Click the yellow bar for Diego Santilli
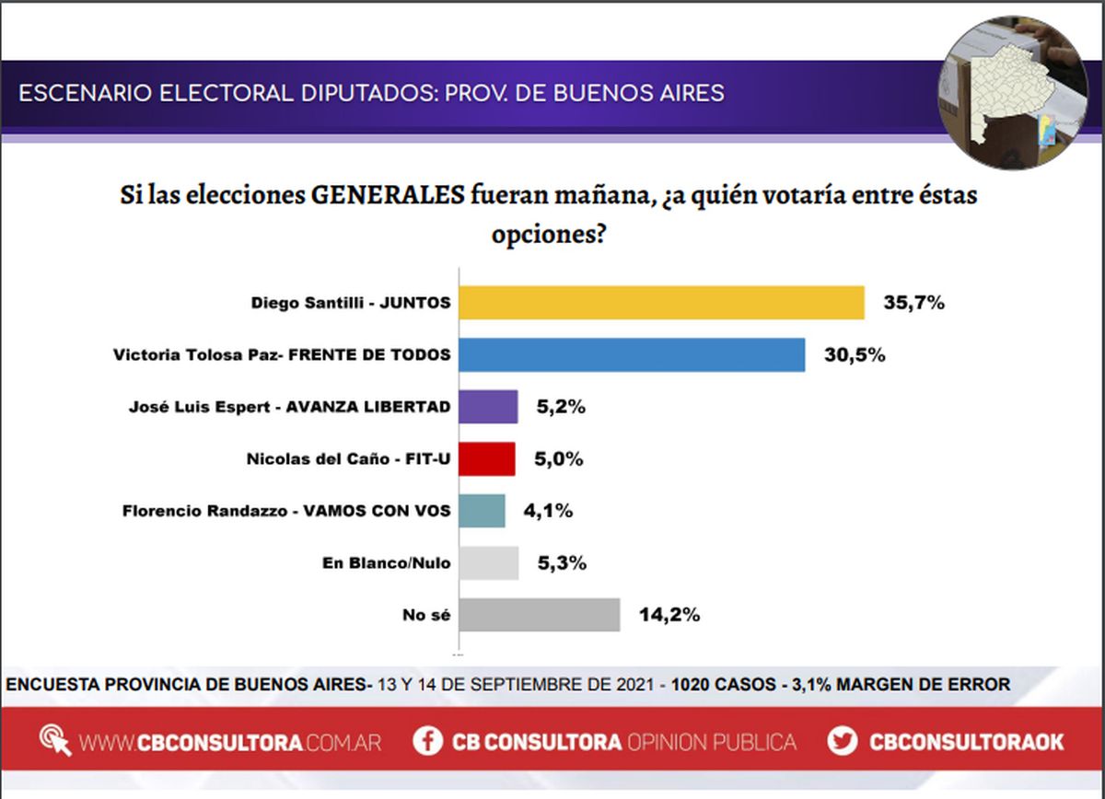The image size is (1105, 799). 661,303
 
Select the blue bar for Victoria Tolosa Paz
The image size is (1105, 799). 632,354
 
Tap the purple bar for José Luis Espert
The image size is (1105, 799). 488,407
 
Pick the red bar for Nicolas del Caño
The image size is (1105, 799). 487,458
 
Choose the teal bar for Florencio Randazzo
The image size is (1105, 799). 482,511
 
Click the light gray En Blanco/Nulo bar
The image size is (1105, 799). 488,562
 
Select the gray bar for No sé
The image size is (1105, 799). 539,615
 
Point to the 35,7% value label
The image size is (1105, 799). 913,302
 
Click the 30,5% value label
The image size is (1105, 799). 854,354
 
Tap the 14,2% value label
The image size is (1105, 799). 669,615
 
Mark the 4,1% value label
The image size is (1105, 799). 549,511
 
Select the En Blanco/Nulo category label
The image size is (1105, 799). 388,562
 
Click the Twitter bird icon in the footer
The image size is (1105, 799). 842,741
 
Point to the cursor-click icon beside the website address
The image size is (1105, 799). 55,741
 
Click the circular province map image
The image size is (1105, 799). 1012,93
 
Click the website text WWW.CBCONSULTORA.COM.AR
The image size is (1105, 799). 230,742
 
